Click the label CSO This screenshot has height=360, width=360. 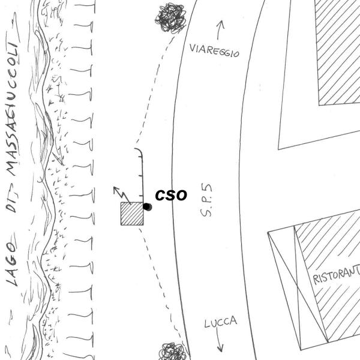(x=171, y=196)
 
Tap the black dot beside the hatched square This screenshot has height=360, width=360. (x=147, y=207)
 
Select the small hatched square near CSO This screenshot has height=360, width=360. (x=132, y=214)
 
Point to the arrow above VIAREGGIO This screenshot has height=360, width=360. (x=220, y=29)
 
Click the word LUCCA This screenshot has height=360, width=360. (x=220, y=323)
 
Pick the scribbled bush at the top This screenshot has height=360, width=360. (x=170, y=17)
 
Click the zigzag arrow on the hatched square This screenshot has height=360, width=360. (x=122, y=194)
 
